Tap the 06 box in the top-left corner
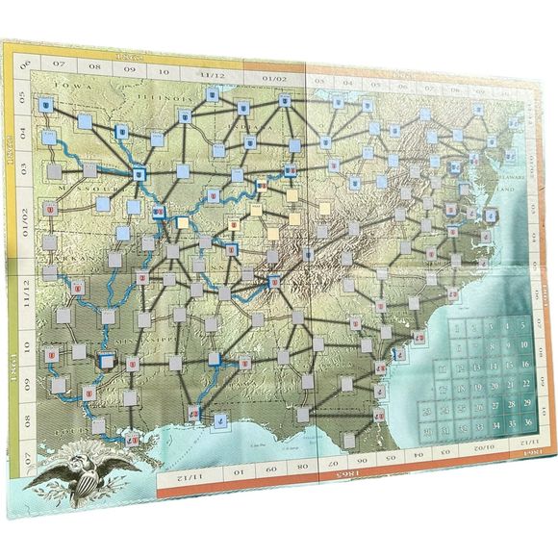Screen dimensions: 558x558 click(26, 64)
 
